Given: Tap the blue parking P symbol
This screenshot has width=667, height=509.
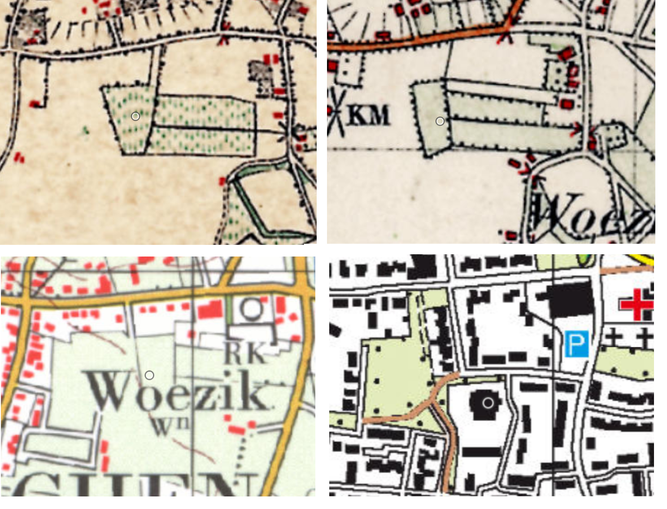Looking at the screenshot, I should click(x=576, y=344).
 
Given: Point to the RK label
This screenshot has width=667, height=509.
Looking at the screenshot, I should click(x=244, y=354).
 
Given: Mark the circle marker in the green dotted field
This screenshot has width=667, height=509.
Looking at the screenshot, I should click(x=135, y=117).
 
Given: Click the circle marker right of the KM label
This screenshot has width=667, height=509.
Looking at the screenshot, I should click(x=440, y=121).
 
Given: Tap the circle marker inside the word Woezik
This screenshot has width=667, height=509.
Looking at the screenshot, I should click(x=149, y=375).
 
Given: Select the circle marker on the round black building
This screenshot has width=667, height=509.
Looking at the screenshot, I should click(x=488, y=403).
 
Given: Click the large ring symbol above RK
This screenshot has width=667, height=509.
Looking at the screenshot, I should click(x=252, y=309).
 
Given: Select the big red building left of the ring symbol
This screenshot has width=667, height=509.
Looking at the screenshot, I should click(x=210, y=309).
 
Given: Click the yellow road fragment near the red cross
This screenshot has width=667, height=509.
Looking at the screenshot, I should click(x=644, y=259).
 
